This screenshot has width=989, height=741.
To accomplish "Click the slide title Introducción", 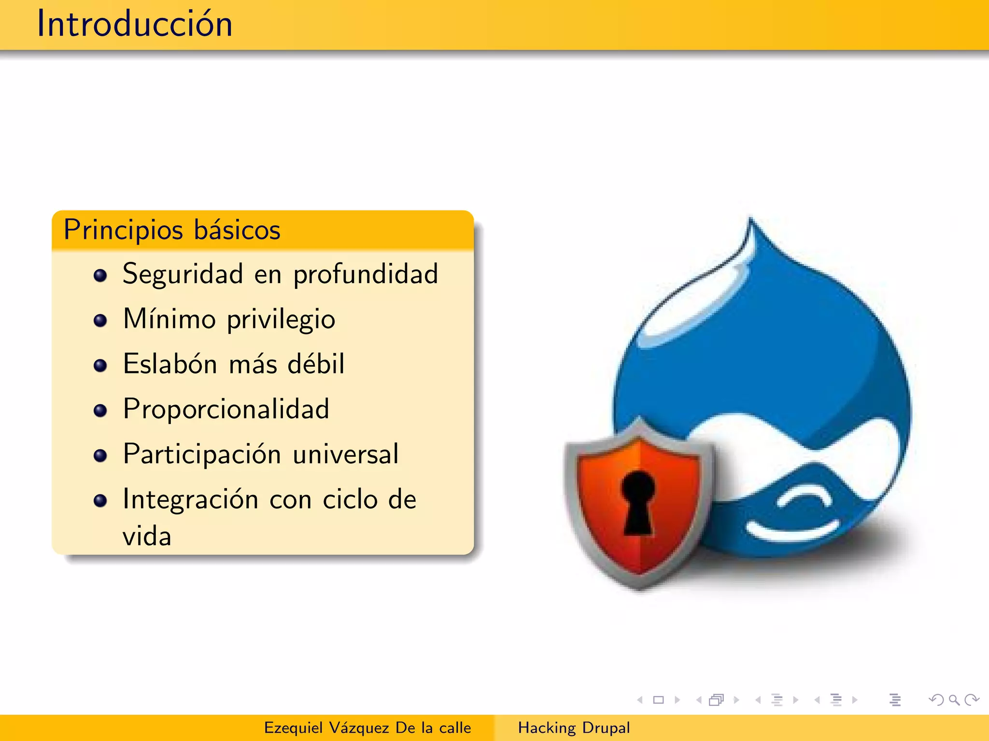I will [x=135, y=24].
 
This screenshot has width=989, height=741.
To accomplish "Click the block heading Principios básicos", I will [x=172, y=230].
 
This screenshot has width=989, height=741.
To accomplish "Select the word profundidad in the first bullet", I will [x=366, y=275].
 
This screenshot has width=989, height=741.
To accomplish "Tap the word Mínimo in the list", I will [x=169, y=319].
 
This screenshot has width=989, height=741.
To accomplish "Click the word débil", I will [x=316, y=364].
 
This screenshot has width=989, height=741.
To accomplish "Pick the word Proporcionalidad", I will [x=226, y=409].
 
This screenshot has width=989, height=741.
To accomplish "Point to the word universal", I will [x=346, y=454].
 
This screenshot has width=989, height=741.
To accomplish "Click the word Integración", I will [x=190, y=499].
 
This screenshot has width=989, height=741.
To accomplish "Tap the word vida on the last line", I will [x=147, y=536].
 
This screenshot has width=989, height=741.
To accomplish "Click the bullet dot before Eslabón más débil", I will [x=100, y=366].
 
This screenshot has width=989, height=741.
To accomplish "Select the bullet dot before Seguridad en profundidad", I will [x=100, y=275].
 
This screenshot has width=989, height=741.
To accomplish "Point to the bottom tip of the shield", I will [x=639, y=587].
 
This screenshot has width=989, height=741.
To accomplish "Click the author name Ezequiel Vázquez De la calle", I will [x=367, y=727].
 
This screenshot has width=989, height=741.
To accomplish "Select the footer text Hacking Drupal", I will [x=574, y=727].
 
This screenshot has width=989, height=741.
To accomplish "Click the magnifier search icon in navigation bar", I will [x=954, y=700].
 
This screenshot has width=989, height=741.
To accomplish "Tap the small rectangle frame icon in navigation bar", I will [x=658, y=700].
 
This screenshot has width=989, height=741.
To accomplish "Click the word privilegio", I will [x=281, y=320].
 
